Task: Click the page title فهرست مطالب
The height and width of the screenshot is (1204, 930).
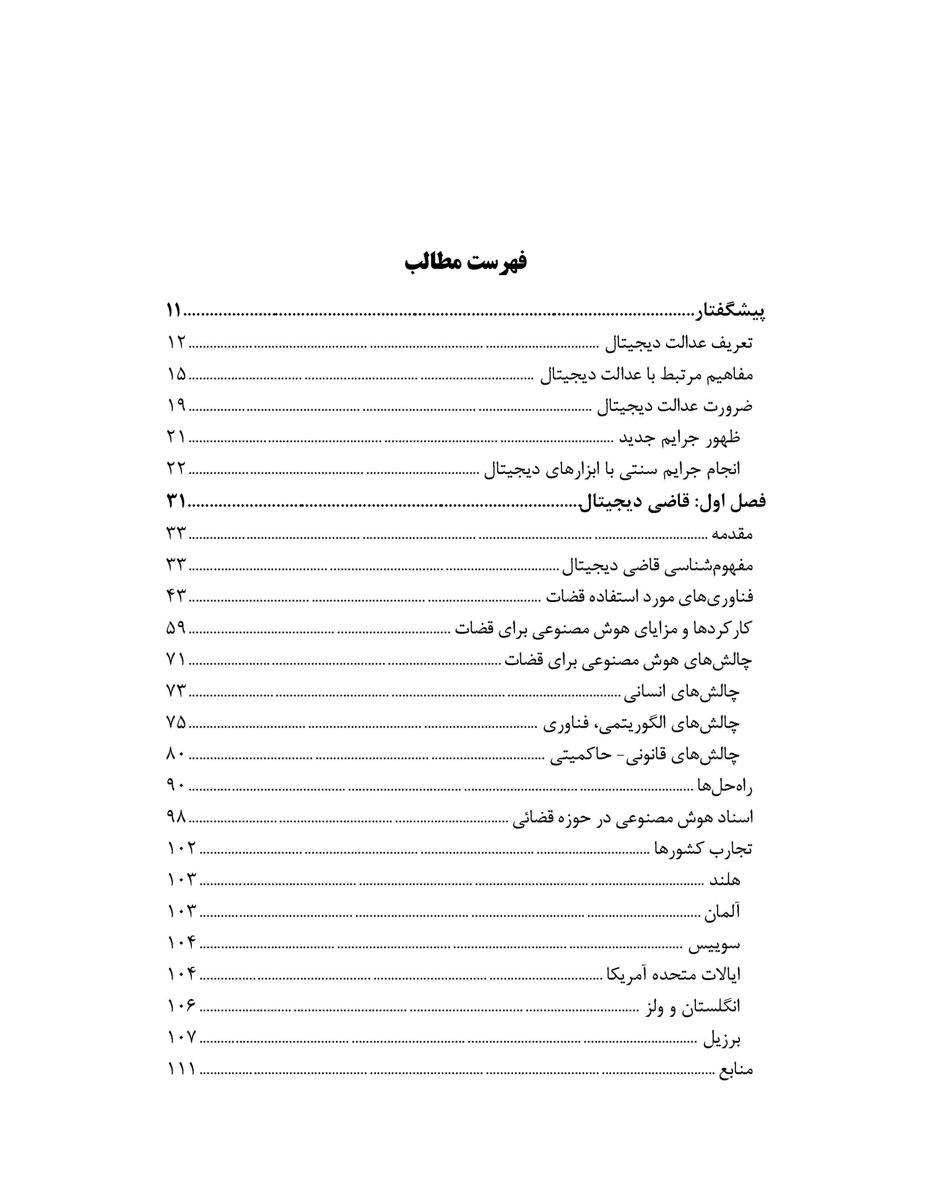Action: coord(465,262)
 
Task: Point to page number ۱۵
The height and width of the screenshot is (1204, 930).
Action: coord(176,374)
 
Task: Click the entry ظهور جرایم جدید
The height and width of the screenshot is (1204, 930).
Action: coord(679,438)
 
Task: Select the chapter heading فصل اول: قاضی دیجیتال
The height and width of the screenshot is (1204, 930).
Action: coord(671,502)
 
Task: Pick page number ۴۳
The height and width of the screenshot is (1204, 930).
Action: coord(176,596)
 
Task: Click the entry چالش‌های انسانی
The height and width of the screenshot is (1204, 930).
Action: coord(682,691)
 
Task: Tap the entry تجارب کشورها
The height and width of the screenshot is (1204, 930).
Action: coord(703,849)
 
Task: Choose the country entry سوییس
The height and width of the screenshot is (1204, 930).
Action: coord(715,944)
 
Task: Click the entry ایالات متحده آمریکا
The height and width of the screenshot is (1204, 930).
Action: coord(673,975)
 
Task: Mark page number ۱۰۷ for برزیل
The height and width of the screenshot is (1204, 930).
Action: coord(181,1038)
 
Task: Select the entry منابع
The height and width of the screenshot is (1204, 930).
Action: coord(735,1070)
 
